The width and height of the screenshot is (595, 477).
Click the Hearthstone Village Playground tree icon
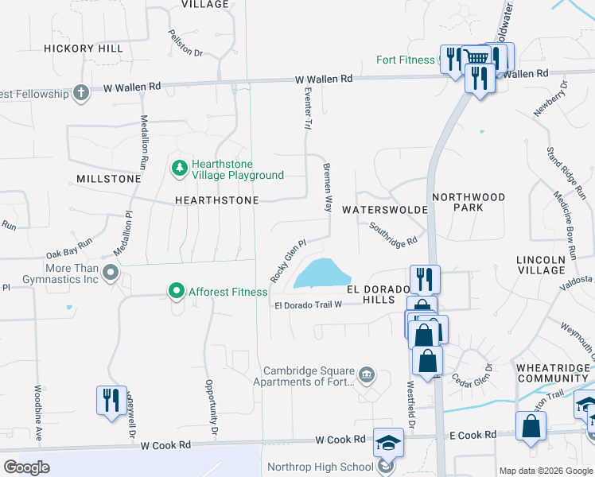click(x=179, y=168)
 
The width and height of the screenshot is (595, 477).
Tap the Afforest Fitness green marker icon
click(x=177, y=292)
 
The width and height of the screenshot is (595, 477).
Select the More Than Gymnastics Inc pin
click(x=111, y=274)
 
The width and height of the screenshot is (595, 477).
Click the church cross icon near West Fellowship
click(x=80, y=94)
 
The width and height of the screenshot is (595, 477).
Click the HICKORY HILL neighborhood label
click(x=84, y=48)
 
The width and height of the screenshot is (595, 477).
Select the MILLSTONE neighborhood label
click(x=108, y=180)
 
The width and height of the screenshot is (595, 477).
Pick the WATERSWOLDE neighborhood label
click(x=385, y=210)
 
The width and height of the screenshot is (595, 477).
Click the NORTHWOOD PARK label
click(x=468, y=202)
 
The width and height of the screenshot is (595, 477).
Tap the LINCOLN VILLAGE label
click(x=541, y=265)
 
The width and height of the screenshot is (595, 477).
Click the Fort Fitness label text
click(x=406, y=60)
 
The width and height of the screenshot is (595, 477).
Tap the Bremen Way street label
click(x=326, y=188)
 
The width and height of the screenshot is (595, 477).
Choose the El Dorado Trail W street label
click(x=307, y=305)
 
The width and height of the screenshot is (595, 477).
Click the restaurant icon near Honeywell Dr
click(x=110, y=399)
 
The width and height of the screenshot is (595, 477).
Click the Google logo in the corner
click(x=27, y=467)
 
